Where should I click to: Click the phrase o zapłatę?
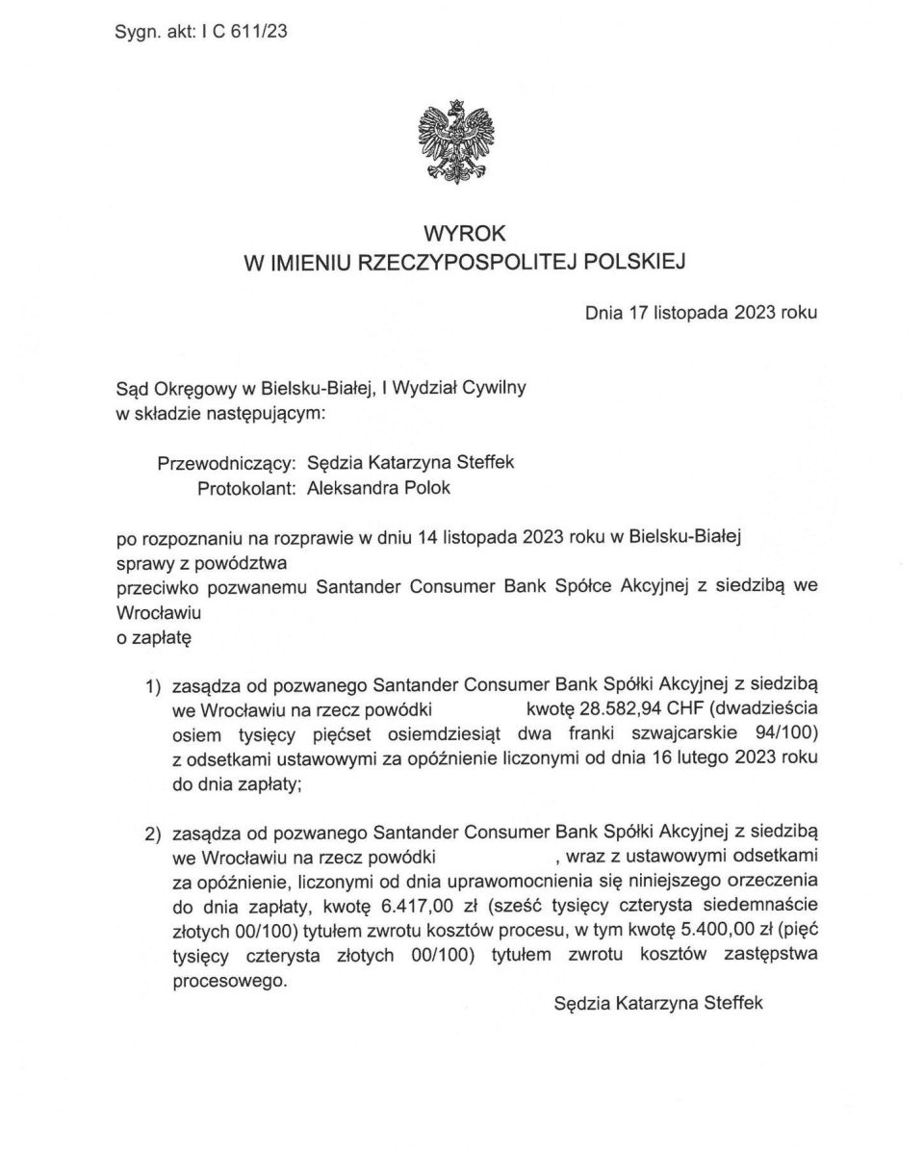click(x=154, y=636)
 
